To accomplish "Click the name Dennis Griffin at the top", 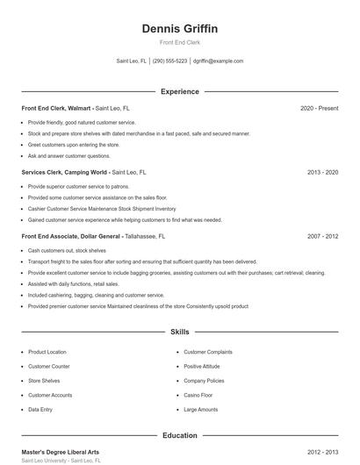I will (x=179, y=29).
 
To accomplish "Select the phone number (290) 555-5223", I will (x=169, y=61).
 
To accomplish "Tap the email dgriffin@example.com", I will (x=218, y=61).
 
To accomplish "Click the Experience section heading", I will (x=179, y=91).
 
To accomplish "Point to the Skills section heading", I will (x=179, y=333).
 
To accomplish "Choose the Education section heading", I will (x=179, y=435).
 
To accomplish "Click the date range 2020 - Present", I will (x=319, y=108).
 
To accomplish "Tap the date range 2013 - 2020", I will (x=322, y=173).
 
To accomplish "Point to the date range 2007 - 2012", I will (x=322, y=237).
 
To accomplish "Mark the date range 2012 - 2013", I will (x=322, y=452).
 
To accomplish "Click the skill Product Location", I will (x=47, y=351).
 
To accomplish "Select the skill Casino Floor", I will (x=198, y=395).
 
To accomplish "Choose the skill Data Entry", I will (x=40, y=410).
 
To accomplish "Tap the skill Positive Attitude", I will (x=203, y=366).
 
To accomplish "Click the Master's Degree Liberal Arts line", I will (x=60, y=452).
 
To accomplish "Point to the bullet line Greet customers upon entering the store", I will (x=73, y=145).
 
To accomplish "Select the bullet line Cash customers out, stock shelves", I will (x=68, y=251).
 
